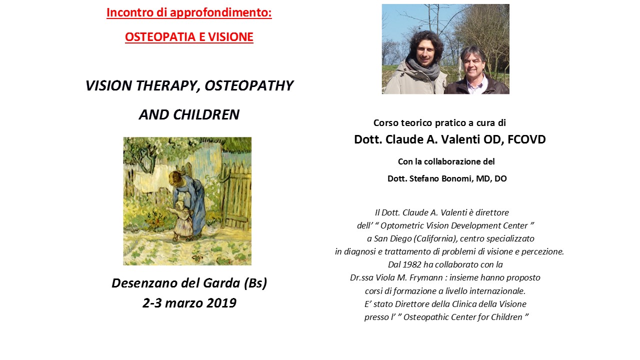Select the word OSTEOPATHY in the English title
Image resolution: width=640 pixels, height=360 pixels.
(249, 85)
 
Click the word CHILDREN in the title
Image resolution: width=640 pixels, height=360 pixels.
(206, 114)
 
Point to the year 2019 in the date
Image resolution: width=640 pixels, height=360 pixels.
(221, 303)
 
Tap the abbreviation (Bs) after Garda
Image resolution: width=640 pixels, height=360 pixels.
(255, 283)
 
